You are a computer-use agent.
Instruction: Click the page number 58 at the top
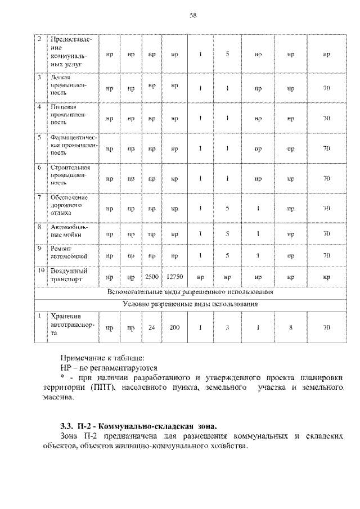(192, 15)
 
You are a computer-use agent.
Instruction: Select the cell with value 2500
(151, 277)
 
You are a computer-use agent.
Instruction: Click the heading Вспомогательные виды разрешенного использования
(191, 292)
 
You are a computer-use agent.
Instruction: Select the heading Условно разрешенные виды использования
(191, 304)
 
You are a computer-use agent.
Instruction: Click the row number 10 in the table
(40, 271)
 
